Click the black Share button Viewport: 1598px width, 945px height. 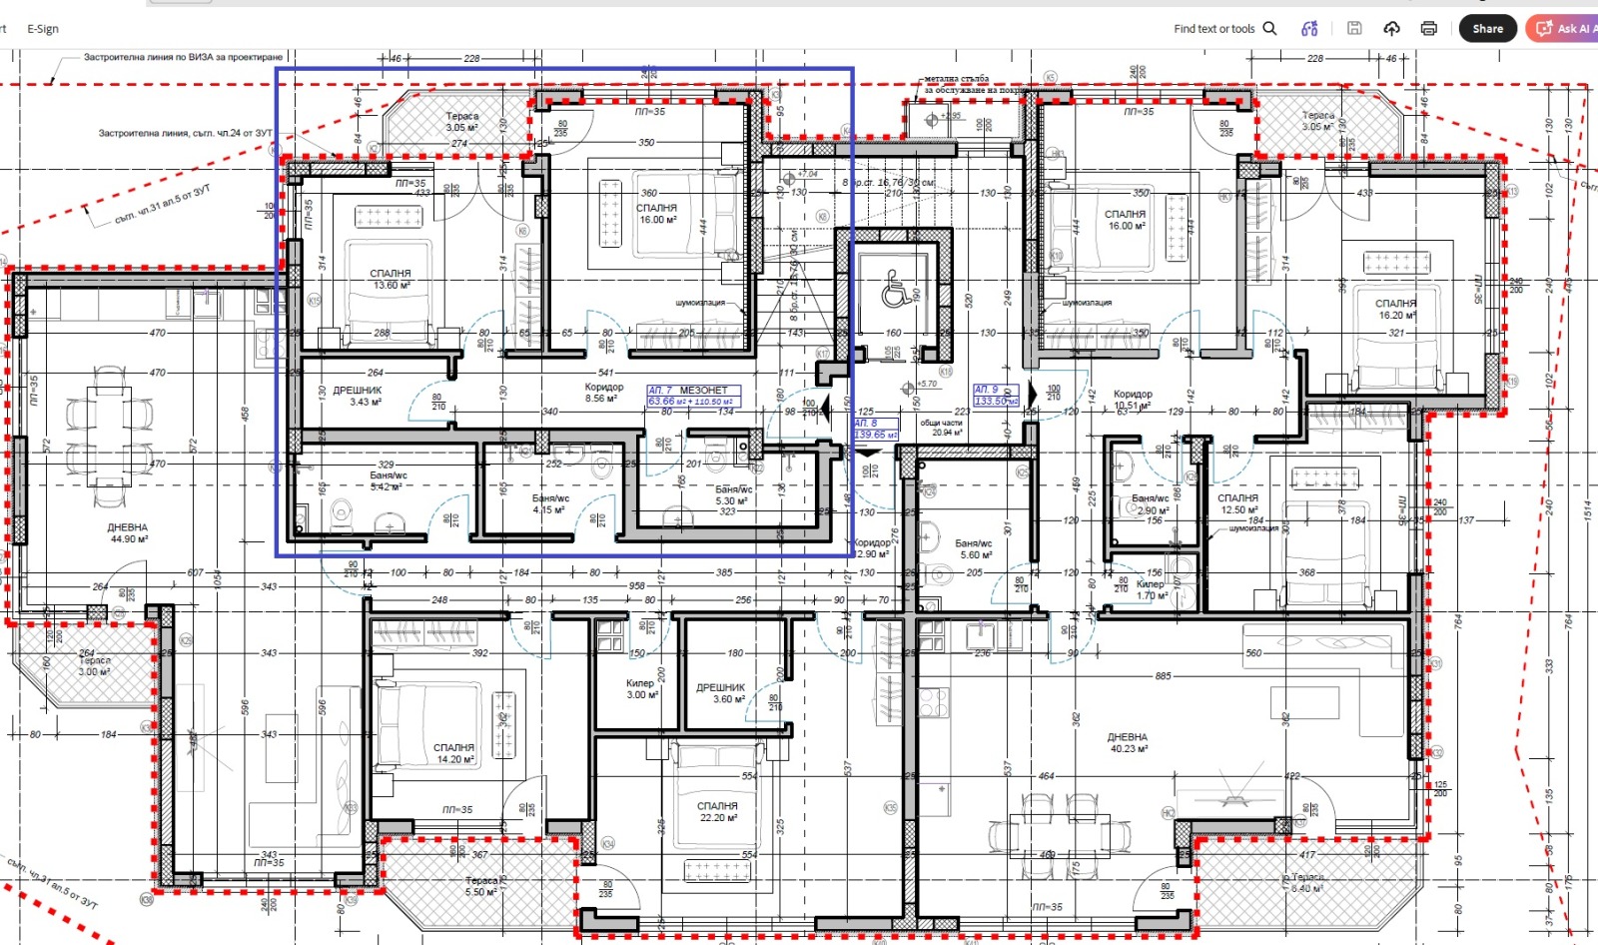pos(1487,29)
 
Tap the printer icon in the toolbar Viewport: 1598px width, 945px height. pos(1429,29)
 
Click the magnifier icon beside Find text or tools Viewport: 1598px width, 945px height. pos(1270,29)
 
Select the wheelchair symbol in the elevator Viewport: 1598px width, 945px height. pos(894,292)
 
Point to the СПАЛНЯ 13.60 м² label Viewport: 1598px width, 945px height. pos(391,279)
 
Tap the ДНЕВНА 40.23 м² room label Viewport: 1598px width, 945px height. pos(1128,742)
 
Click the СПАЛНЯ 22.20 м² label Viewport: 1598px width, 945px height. pos(717,811)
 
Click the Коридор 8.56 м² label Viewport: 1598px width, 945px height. pos(604,393)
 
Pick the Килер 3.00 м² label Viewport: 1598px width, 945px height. pos(640,689)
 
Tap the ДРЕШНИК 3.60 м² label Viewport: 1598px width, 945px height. pos(720,693)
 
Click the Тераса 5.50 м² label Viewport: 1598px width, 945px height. pos(481,886)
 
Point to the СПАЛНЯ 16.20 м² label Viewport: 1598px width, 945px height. pos(1395,309)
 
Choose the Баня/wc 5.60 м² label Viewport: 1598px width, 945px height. pos(974,549)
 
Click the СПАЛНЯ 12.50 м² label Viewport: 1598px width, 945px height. pos(1238,503)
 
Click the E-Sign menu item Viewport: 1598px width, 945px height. pos(43,29)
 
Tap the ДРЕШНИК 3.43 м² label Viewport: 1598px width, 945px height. pos(358,396)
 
